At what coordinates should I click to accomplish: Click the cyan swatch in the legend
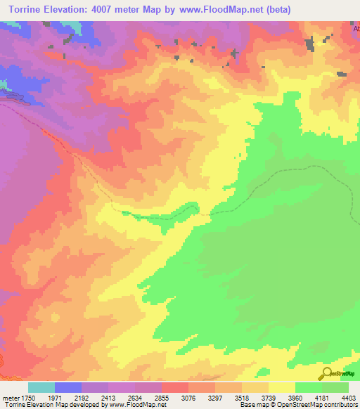(41, 387)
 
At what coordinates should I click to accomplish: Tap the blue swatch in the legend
(68, 387)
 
